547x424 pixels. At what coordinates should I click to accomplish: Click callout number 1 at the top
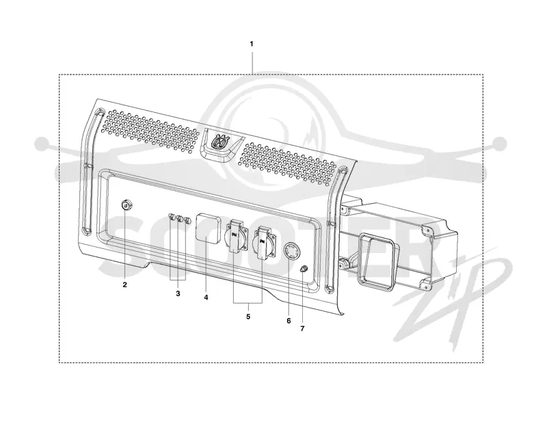(252, 44)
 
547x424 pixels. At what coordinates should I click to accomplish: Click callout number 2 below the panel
(124, 284)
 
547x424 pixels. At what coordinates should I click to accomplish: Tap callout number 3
(178, 293)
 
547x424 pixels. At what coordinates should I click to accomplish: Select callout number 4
(206, 297)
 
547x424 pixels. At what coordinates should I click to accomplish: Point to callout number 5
(248, 317)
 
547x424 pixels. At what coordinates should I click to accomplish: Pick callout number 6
(289, 320)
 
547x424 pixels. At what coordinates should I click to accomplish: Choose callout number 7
(302, 328)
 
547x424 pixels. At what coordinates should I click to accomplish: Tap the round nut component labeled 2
(126, 205)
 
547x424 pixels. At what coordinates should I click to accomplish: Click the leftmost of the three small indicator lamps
(172, 217)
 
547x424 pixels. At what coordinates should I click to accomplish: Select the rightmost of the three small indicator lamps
(187, 221)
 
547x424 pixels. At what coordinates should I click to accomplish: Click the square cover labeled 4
(209, 227)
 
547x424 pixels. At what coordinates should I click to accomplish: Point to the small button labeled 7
(304, 269)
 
